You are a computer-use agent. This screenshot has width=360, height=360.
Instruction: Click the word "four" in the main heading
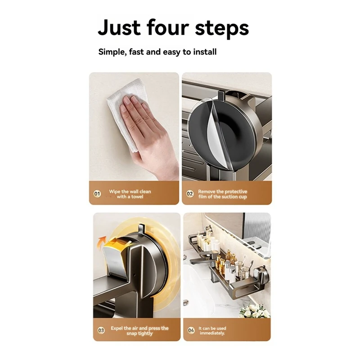[167, 27]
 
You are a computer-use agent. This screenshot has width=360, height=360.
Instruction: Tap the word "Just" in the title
[119, 27]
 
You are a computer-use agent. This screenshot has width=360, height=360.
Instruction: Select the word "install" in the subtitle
[205, 52]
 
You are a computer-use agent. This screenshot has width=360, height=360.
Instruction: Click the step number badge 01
[97, 194]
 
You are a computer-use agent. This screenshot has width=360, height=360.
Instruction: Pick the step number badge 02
[190, 194]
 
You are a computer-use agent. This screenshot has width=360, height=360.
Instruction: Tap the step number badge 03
[101, 330]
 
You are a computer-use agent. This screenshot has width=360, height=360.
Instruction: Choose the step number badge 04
[191, 330]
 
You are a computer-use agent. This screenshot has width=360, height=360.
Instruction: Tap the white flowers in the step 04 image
[255, 311]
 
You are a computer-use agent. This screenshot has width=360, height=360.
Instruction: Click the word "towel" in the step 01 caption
[137, 197]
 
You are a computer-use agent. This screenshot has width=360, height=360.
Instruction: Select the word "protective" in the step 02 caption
[235, 192]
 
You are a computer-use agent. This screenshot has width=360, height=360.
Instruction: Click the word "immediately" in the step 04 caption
[211, 333]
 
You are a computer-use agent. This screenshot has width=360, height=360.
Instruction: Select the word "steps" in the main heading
[222, 29]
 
